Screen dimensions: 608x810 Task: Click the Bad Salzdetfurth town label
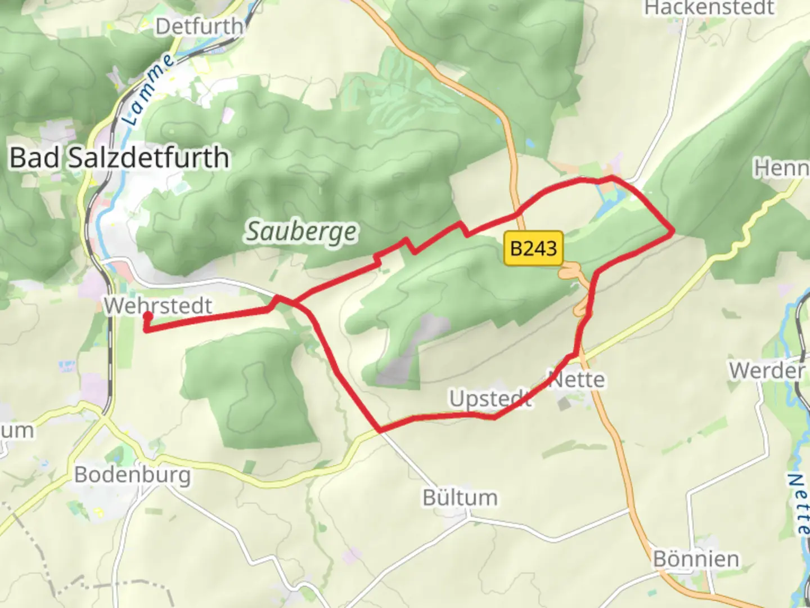(x=119, y=158)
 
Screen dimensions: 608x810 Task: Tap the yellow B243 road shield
(x=533, y=248)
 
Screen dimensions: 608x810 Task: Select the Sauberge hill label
(x=301, y=231)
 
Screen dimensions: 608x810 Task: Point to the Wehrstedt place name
(x=158, y=306)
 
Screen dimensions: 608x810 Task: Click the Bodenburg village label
(x=133, y=475)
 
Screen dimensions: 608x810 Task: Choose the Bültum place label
(x=460, y=498)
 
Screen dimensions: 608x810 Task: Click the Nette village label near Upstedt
(x=577, y=379)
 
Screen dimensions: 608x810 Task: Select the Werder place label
(x=767, y=370)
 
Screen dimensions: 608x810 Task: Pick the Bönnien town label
(x=696, y=559)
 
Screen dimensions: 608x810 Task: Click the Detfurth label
(x=199, y=26)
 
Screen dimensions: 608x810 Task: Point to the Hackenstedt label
(x=709, y=8)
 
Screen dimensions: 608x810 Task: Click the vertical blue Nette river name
(x=798, y=503)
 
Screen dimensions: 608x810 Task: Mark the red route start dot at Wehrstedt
(x=147, y=316)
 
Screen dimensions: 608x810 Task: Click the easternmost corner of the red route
(x=673, y=231)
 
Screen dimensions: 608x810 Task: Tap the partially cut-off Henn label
(x=782, y=168)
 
